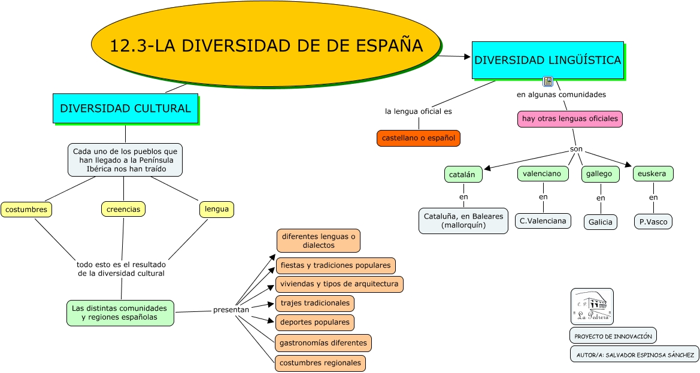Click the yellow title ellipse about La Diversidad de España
click(266, 45)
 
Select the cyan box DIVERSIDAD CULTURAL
click(125, 108)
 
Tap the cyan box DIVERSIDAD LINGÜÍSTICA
click(547, 60)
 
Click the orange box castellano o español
click(419, 138)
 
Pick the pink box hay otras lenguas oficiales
click(569, 119)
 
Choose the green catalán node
click(463, 174)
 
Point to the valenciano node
click(542, 174)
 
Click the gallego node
click(600, 174)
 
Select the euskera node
click(653, 174)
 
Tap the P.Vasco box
click(653, 222)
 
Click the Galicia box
click(600, 222)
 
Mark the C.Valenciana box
click(543, 221)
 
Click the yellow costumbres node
click(26, 210)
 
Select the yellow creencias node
click(123, 209)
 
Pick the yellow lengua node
click(216, 209)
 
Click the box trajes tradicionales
click(314, 304)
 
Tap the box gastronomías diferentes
click(323, 343)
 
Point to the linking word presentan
click(231, 310)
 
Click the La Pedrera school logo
click(592, 307)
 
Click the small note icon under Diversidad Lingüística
click(547, 81)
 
